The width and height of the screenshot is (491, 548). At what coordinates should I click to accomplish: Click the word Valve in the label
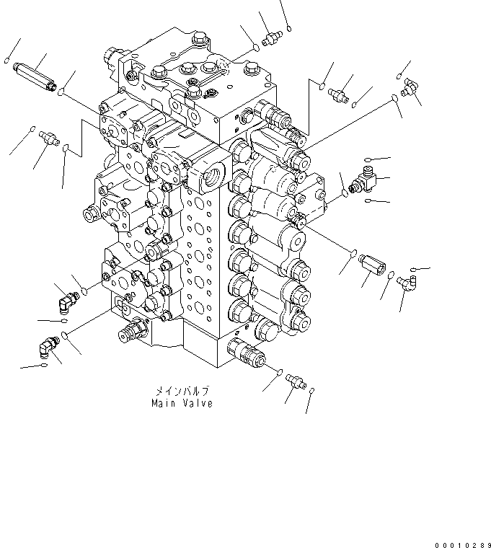(197, 404)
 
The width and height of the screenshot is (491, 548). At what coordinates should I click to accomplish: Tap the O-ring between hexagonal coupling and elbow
(390, 275)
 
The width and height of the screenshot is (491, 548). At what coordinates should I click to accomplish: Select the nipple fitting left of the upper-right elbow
(339, 93)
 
